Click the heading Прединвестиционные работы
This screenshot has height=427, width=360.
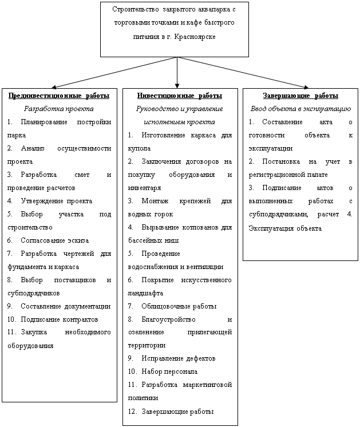tap(60, 95)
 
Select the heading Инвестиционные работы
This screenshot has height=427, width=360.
tap(180, 95)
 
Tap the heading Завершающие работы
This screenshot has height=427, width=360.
tap(300, 95)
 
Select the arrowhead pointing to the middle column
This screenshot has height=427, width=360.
tap(179, 83)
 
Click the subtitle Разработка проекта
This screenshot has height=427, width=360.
tap(60, 108)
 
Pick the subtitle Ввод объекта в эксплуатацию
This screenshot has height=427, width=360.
tap(300, 108)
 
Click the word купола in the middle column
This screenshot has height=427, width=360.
tap(140, 148)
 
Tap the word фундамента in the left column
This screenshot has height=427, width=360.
tap(27, 266)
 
